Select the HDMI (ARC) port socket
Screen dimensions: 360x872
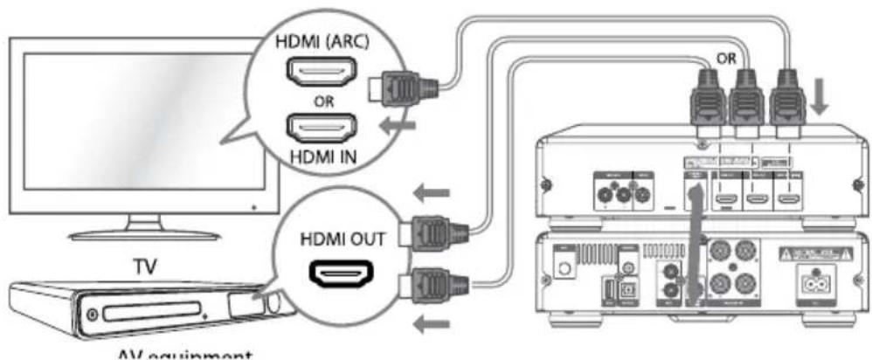(x=326, y=73)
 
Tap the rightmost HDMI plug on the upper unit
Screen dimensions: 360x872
(x=787, y=102)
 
